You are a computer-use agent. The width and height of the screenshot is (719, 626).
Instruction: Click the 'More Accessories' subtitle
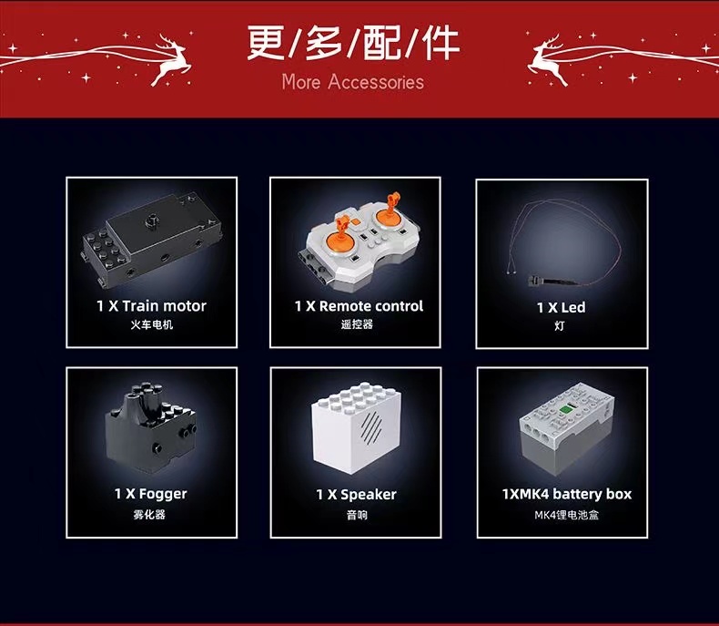coord(352,82)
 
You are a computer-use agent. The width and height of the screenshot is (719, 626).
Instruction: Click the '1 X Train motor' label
coord(151,306)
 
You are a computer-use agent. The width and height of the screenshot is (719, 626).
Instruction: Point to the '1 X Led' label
coord(561,308)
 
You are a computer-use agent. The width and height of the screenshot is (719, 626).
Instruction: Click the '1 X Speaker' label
coord(356,495)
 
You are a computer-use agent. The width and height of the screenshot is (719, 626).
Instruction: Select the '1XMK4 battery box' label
coord(566,494)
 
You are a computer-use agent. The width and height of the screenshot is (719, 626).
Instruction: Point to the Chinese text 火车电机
coord(151,325)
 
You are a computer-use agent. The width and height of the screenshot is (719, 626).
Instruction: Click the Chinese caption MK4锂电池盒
coord(566,515)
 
